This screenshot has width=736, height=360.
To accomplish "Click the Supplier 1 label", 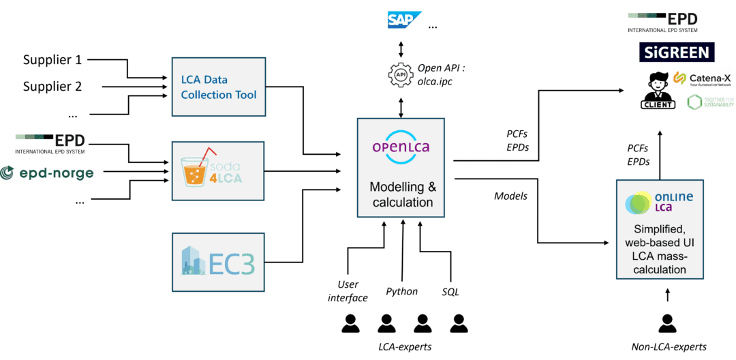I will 52,60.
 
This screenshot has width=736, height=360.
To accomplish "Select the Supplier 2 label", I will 52,87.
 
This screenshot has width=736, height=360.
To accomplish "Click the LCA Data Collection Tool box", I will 218,87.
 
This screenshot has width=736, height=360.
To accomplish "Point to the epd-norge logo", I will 47,173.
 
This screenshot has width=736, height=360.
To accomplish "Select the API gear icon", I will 401,74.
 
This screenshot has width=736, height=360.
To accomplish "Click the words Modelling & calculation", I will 402,194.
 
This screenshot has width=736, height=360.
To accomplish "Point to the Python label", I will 401,292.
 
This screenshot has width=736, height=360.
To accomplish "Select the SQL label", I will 450,292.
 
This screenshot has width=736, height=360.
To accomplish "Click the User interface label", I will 348,290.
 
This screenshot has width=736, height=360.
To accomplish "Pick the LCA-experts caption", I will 405,348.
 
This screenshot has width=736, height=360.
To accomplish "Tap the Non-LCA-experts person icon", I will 667,322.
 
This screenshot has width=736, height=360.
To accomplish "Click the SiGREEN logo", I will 677,52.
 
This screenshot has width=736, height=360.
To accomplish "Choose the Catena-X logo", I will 703,79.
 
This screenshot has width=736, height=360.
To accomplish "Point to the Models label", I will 510,196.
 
